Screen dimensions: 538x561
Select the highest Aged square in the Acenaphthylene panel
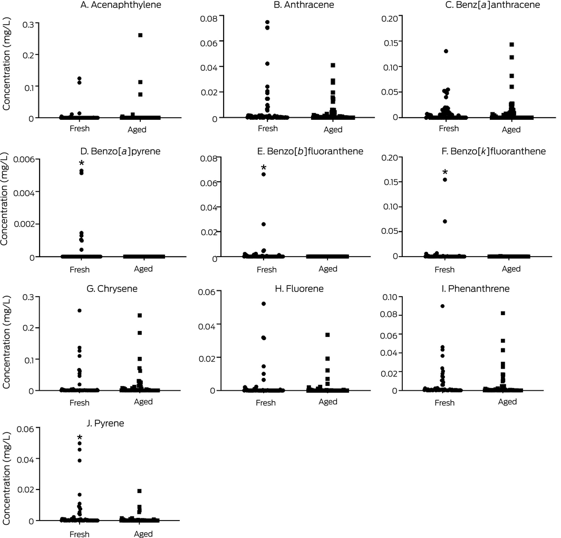tap(140, 35)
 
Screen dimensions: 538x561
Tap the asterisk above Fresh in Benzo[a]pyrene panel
tap(81, 164)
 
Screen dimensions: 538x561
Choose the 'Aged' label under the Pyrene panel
tap(143, 534)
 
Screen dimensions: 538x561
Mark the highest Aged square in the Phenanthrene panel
tap(503, 313)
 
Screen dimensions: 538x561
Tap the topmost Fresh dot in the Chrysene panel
tap(80, 310)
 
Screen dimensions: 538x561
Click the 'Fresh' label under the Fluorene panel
tap(266, 403)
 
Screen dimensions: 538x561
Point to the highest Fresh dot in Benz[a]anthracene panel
tap(446, 51)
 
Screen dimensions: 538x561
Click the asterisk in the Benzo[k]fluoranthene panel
tap(445, 172)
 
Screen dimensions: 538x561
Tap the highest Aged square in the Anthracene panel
tap(333, 65)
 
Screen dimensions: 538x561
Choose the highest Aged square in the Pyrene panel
tap(140, 491)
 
